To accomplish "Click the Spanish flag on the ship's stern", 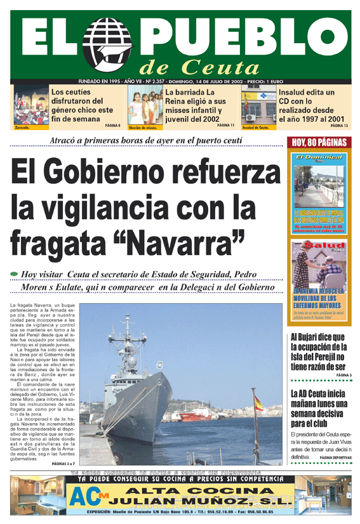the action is (x=258, y=402).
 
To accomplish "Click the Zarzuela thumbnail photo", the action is (x=29, y=106).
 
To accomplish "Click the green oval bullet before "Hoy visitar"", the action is (x=14, y=273).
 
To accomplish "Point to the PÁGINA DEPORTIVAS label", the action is (x=335, y=457).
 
